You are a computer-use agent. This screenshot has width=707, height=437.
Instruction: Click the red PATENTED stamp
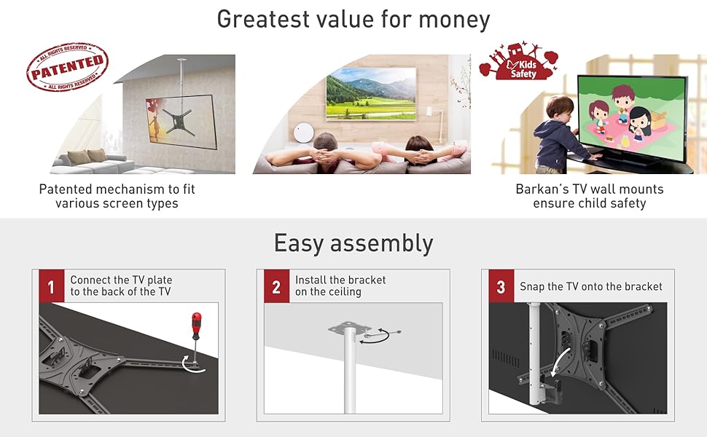pyautogui.click(x=67, y=67)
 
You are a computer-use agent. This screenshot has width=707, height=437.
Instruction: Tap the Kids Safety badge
pyautogui.click(x=519, y=61)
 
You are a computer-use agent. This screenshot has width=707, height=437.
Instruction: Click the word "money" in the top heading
pyautogui.click(x=454, y=20)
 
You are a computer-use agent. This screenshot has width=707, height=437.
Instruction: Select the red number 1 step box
pyautogui.click(x=52, y=286)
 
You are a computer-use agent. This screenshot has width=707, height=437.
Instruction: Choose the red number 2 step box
pyautogui.click(x=276, y=286)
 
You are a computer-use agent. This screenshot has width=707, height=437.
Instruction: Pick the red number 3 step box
pyautogui.click(x=501, y=286)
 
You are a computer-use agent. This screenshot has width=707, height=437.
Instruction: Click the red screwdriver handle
pyautogui.click(x=196, y=326)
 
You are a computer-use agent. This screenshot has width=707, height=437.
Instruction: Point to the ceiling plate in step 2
pyautogui.click(x=349, y=328)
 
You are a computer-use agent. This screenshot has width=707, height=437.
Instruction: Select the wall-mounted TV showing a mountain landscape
pyautogui.click(x=371, y=94)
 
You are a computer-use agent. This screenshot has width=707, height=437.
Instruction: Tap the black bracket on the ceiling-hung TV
pyautogui.click(x=179, y=122)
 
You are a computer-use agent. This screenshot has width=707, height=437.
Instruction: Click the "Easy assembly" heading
pyautogui.click(x=353, y=244)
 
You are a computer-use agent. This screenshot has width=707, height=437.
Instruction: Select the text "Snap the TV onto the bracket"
pyautogui.click(x=590, y=286)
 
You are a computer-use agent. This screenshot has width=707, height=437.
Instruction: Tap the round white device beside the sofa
pyautogui.click(x=303, y=133)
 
